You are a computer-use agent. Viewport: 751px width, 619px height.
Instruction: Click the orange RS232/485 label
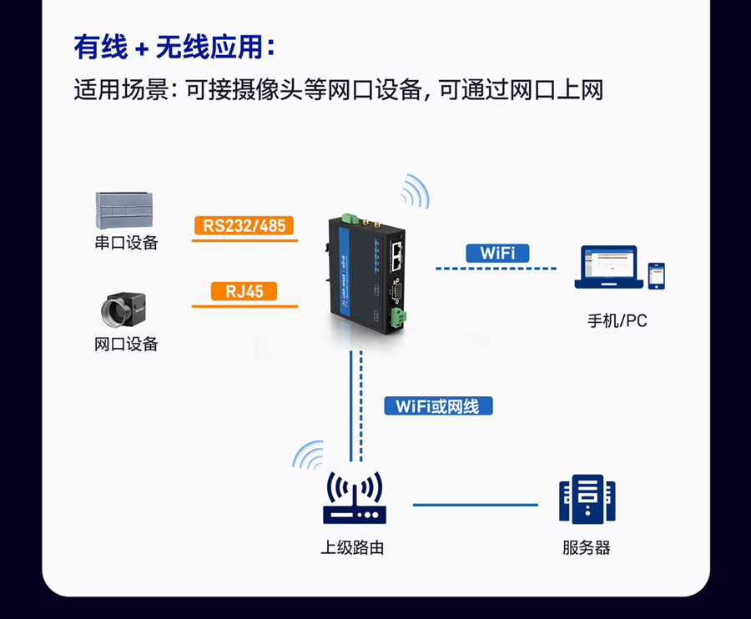tap(244, 225)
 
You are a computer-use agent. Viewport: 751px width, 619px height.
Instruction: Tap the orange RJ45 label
tap(244, 291)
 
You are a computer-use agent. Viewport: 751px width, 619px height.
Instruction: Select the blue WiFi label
tap(497, 253)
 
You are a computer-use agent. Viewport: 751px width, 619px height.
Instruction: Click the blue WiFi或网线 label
tap(438, 406)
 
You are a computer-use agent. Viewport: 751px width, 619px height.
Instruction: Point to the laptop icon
tap(608, 268)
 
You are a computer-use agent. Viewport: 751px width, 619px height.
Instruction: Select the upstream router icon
tap(355, 499)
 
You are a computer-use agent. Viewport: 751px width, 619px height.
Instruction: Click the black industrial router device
tap(367, 271)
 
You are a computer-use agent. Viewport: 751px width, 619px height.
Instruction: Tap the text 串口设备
tap(126, 243)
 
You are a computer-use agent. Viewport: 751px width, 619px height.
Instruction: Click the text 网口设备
tap(126, 344)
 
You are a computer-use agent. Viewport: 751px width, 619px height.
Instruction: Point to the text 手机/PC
tap(617, 320)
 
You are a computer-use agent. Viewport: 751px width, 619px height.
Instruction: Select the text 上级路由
tap(353, 548)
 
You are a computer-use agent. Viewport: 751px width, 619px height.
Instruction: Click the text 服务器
tap(587, 548)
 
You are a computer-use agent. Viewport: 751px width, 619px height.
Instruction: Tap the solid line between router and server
tap(476, 505)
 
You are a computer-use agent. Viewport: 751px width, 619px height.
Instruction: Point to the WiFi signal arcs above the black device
tap(415, 192)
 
